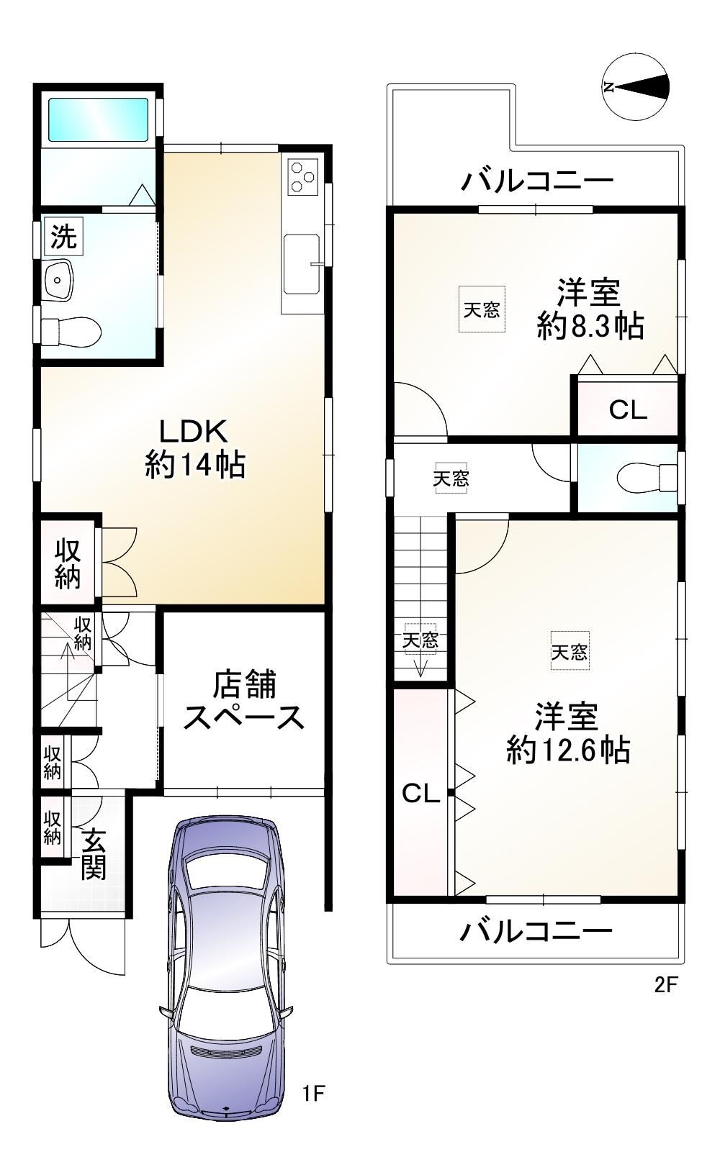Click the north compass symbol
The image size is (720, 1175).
tap(636, 86)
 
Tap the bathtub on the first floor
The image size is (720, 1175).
tap(99, 119)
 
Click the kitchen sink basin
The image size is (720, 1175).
tap(302, 264)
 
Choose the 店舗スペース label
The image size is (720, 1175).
tap(243, 700)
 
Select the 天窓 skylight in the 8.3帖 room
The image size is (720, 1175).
tap(482, 309)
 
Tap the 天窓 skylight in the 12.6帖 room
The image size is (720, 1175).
tap(570, 651)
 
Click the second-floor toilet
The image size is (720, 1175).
tap(647, 478)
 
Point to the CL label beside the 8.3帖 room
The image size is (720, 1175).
tap(628, 410)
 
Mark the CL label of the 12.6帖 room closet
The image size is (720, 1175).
tap(421, 794)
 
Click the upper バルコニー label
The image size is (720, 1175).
tap(537, 181)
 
